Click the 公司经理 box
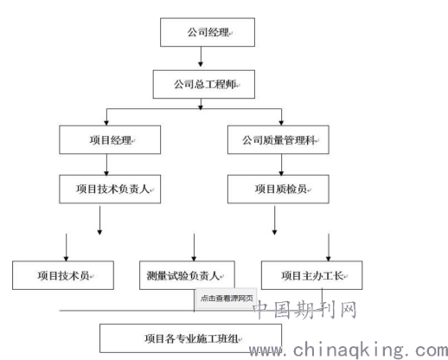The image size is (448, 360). click(208, 32)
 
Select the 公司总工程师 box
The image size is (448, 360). click(203, 84)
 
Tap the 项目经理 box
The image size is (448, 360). click(110, 139)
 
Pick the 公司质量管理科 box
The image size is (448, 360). click(278, 139)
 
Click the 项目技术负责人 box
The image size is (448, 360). click(110, 189)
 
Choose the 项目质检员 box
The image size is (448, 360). click(278, 189)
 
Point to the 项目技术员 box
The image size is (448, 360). click(63, 275)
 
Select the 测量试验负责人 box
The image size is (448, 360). click(187, 275)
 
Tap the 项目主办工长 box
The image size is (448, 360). click(311, 275)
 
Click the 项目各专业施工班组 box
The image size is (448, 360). click(190, 338)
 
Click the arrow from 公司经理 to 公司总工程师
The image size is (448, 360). click(201, 56)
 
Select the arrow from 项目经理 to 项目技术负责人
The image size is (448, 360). click(106, 164)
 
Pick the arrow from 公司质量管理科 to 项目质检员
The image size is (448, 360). click(281, 164)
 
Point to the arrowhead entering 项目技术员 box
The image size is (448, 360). click(66, 259)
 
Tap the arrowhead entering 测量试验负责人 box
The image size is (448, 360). click(194, 259)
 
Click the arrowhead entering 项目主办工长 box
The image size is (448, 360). click(329, 259)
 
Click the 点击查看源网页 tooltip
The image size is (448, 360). click(227, 298)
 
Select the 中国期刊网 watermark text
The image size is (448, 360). click(305, 310)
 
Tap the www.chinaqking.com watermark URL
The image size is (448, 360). click(349, 350)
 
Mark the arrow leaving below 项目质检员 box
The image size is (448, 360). click(274, 220)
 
